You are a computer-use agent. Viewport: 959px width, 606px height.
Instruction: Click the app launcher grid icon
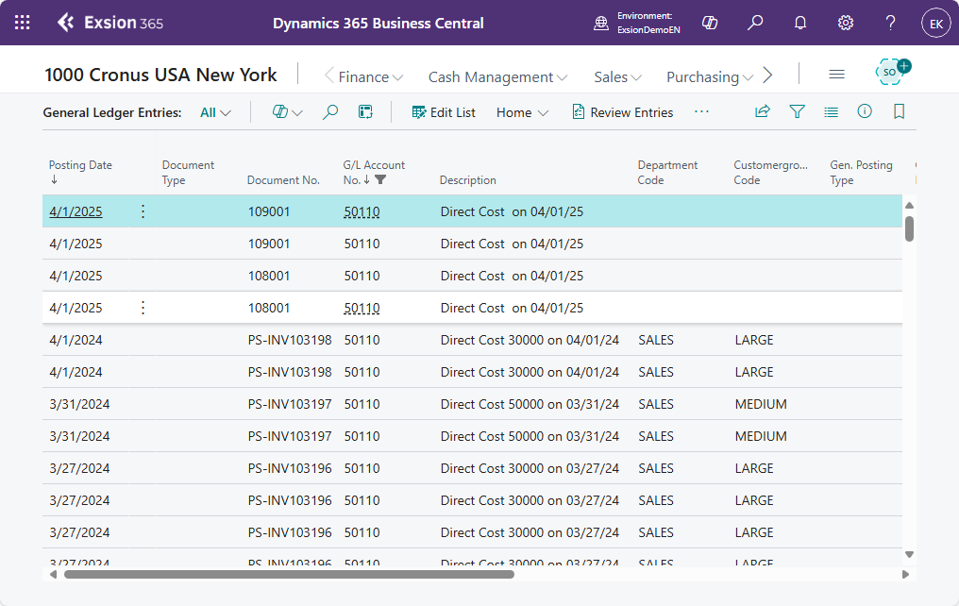pyautogui.click(x=22, y=23)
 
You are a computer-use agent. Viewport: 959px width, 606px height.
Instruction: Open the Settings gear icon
pyautogui.click(x=845, y=23)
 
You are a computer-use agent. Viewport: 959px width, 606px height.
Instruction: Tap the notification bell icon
pyautogui.click(x=800, y=23)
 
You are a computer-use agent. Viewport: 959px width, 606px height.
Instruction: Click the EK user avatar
pyautogui.click(x=935, y=24)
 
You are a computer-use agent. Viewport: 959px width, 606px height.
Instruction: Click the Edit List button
pyautogui.click(x=444, y=112)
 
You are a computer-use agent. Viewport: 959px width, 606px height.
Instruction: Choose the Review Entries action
pyautogui.click(x=623, y=112)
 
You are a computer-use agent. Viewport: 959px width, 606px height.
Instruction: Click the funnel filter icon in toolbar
pyautogui.click(x=797, y=111)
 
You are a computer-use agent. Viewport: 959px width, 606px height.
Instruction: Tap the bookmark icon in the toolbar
pyautogui.click(x=899, y=111)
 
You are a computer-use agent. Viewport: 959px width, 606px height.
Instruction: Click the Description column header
pyautogui.click(x=468, y=180)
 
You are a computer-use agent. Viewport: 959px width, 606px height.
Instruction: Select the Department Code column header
pyautogui.click(x=667, y=173)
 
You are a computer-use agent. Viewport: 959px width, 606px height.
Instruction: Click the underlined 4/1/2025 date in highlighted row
pyautogui.click(x=76, y=211)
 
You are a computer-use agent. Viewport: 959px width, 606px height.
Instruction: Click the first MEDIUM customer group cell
pyautogui.click(x=761, y=404)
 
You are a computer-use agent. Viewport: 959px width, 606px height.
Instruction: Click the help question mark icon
pyautogui.click(x=890, y=23)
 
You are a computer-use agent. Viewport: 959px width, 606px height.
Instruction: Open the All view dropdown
pyautogui.click(x=215, y=112)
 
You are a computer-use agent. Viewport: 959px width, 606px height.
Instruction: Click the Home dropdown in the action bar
pyautogui.click(x=522, y=112)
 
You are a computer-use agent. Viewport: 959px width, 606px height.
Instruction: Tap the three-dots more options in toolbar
pyautogui.click(x=701, y=112)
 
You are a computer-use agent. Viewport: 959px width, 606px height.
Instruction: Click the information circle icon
pyautogui.click(x=865, y=111)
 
